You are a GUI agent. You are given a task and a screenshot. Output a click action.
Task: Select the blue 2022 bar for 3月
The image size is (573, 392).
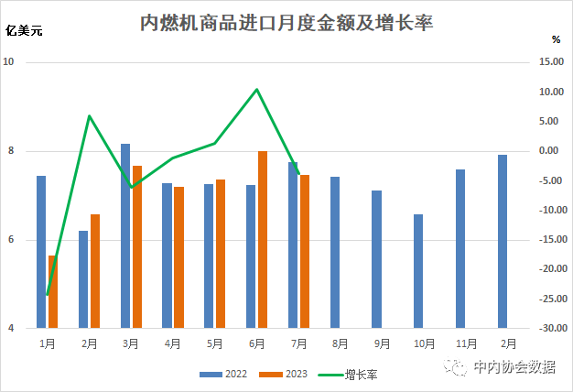click(x=125, y=235)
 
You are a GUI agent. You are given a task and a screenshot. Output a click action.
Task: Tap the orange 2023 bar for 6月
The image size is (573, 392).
click(x=263, y=239)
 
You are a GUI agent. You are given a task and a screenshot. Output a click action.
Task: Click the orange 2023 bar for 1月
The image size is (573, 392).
click(x=53, y=291)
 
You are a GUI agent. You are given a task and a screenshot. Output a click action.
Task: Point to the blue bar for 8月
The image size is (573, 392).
click(x=335, y=252)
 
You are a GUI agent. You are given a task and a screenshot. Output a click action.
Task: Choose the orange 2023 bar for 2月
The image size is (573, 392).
click(x=94, y=271)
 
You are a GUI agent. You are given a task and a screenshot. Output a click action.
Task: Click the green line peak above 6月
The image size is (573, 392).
click(x=257, y=89)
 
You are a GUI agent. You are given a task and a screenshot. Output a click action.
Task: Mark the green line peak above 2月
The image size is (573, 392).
click(x=89, y=115)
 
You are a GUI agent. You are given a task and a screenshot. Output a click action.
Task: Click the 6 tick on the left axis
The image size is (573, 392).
click(x=10, y=240)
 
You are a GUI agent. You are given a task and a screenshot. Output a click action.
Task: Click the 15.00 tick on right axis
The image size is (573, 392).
click(x=552, y=62)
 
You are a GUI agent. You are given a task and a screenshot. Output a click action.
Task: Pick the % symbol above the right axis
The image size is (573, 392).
click(x=556, y=39)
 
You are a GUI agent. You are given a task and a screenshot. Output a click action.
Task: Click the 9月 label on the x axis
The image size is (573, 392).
click(x=382, y=344)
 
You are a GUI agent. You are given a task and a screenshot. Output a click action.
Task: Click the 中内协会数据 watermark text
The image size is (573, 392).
click(x=514, y=367)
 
